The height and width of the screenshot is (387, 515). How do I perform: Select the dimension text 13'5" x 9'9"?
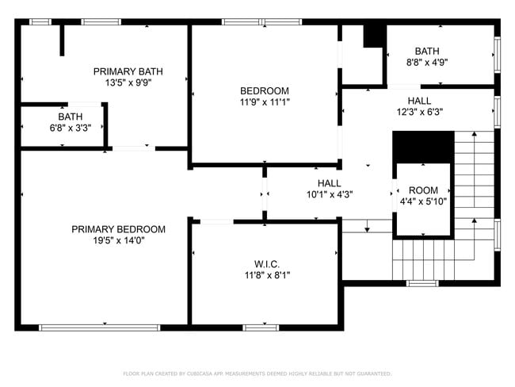coord(128,82)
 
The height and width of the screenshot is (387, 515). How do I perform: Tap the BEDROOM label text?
coord(265,90)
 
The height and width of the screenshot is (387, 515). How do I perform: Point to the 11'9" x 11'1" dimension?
coord(265,102)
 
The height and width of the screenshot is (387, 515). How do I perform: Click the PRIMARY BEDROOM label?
coord(119,229)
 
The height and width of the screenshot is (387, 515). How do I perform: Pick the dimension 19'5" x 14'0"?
coord(119,241)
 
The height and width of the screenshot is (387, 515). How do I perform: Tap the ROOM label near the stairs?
coord(423,190)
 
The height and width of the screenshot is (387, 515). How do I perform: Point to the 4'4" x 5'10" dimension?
coord(423,202)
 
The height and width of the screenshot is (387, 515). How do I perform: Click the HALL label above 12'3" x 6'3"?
coord(420,101)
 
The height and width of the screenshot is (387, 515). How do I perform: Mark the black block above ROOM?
coord(423,147)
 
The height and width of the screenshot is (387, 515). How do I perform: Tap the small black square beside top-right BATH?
coord(373,36)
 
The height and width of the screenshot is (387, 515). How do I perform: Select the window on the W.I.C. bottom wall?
coord(261,327)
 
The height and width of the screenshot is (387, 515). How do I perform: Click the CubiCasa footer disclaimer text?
coord(257,374)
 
